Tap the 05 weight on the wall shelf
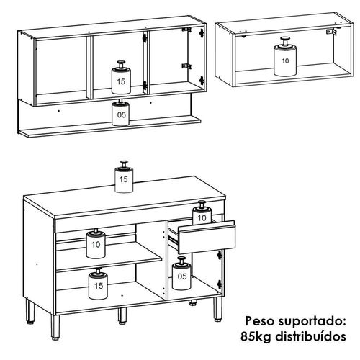[121, 113]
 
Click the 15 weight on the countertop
[124, 177]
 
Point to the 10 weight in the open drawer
[202, 213]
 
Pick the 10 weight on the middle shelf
[96, 244]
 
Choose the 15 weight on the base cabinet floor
[98, 284]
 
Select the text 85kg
[256, 336]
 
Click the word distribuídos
[310, 336]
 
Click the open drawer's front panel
[207, 238]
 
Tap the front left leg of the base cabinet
[55, 328]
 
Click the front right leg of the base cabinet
[218, 310]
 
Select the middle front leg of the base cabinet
[122, 315]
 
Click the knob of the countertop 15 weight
[124, 164]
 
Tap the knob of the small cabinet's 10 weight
[285, 40]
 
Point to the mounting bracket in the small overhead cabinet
[331, 32]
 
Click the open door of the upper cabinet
[197, 60]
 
